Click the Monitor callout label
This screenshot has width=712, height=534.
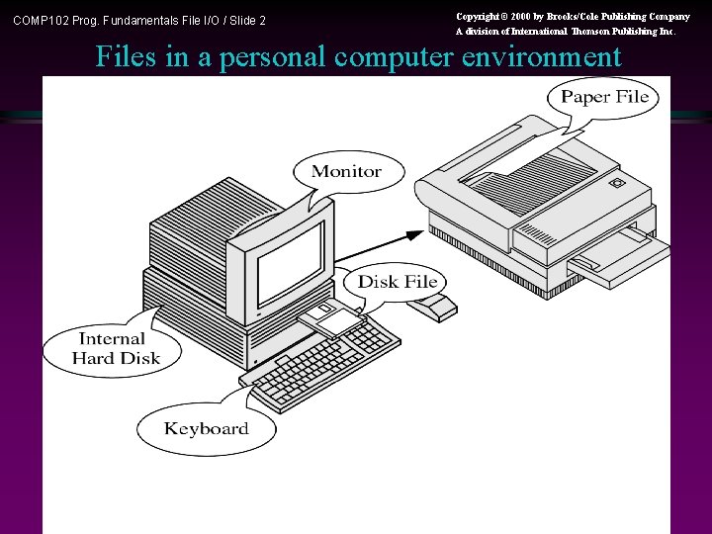point(346,172)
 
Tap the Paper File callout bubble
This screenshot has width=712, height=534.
point(604,97)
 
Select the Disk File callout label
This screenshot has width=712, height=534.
point(397,282)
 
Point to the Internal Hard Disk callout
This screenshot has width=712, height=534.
point(112,349)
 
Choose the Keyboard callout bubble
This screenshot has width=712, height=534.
point(206,428)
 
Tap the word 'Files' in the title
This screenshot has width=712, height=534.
point(127,57)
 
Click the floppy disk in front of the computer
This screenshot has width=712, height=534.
point(332,318)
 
